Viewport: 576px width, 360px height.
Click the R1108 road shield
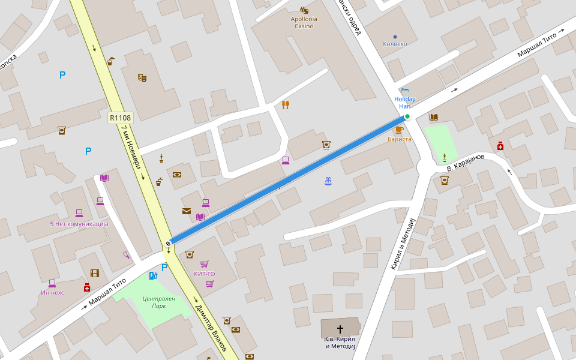(x=120, y=118)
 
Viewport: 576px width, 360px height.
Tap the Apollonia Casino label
(x=304, y=22)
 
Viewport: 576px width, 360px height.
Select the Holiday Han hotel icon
(x=405, y=91)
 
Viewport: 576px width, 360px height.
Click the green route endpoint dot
(x=407, y=116)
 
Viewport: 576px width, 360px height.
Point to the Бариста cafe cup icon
(x=400, y=129)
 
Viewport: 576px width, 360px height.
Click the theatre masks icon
(x=142, y=77)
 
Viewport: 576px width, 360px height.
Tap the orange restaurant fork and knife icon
(x=286, y=105)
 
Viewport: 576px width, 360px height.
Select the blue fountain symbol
(x=328, y=181)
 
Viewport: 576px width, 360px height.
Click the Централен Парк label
(x=159, y=302)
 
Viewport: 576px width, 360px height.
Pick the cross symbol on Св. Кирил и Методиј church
(x=340, y=329)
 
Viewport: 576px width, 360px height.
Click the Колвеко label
(x=395, y=44)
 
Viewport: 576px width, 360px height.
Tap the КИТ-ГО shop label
(x=204, y=274)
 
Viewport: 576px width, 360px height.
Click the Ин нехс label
(x=52, y=293)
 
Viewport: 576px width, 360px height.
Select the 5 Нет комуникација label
(x=79, y=224)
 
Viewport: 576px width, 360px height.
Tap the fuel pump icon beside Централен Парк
(x=153, y=276)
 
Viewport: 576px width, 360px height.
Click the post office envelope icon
(x=187, y=211)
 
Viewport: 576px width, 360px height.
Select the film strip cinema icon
(x=95, y=274)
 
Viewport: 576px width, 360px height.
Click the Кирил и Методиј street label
(x=403, y=243)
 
